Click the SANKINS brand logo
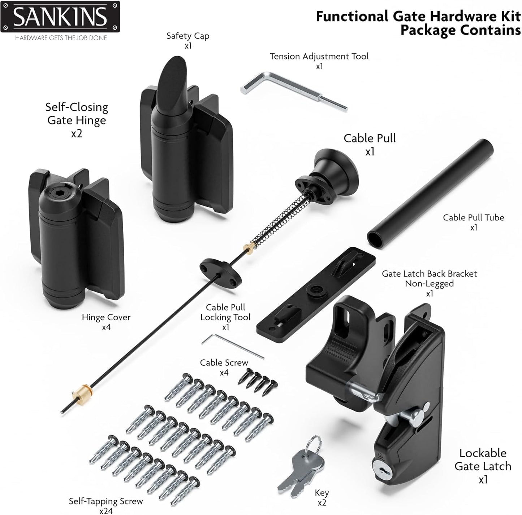(60, 17)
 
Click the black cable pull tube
(430, 193)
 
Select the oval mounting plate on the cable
(220, 272)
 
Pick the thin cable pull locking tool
(232, 345)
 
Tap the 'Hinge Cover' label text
(106, 317)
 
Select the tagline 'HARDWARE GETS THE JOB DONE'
(61, 38)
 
